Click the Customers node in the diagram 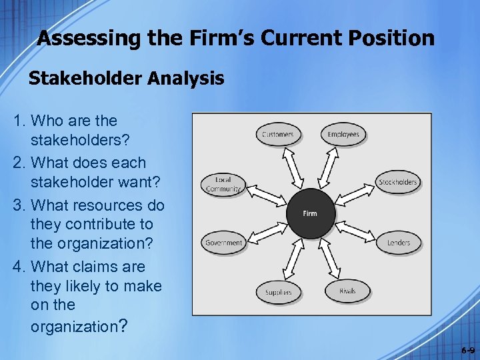click(277, 134)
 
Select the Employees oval click(343, 134)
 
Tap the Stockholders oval click(397, 182)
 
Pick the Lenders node click(399, 242)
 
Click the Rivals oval click(347, 291)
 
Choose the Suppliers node click(277, 292)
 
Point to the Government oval click(224, 243)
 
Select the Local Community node click(223, 185)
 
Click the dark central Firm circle click(310, 213)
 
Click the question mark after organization click(122, 326)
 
